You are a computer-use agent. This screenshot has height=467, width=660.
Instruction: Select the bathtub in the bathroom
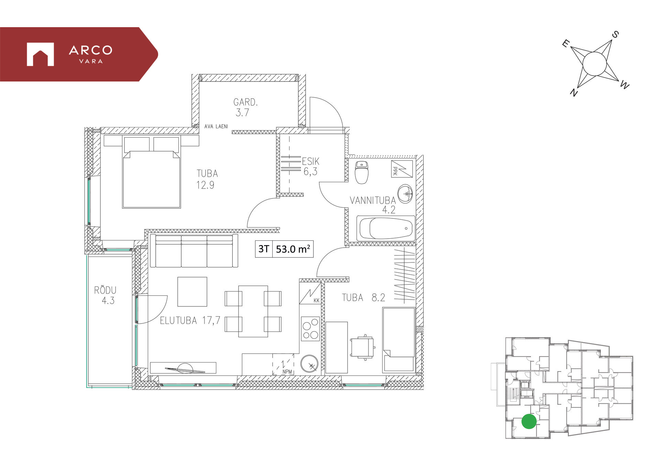386,228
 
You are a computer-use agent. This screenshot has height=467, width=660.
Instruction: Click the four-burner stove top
310,329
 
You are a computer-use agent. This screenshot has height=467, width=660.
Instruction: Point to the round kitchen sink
309,364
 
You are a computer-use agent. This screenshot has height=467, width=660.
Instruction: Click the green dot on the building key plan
529,422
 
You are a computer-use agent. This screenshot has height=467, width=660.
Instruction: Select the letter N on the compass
573,92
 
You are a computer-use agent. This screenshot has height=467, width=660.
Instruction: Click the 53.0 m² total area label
293,249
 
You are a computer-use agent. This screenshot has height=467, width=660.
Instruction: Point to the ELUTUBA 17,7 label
190,321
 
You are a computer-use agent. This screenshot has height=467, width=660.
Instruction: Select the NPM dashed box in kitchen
283,364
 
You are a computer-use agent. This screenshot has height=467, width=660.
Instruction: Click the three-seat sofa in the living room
194,251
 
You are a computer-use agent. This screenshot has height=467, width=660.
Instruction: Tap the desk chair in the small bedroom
363,347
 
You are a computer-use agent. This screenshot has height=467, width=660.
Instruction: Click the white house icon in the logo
40,54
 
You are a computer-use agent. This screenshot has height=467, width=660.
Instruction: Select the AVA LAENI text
216,127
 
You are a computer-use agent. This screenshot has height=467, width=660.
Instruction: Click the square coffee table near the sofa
192,292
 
